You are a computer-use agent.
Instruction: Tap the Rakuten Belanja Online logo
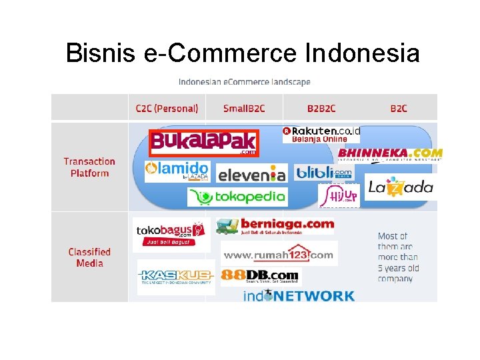(321, 134)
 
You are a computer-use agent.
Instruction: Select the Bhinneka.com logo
(390, 154)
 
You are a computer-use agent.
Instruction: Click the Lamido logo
(177, 171)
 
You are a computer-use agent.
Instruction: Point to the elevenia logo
(252, 174)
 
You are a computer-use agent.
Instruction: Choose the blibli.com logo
(324, 173)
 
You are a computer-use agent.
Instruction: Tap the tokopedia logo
(237, 196)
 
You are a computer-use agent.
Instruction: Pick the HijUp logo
(339, 195)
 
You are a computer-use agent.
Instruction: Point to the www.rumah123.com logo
(278, 254)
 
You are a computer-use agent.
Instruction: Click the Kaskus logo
(176, 276)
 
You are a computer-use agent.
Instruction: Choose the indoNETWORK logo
(299, 295)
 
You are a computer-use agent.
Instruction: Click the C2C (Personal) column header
(167, 108)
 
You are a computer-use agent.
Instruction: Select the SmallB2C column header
(244, 108)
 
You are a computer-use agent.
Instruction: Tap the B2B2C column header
(321, 108)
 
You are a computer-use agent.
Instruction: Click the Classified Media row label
(89, 257)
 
